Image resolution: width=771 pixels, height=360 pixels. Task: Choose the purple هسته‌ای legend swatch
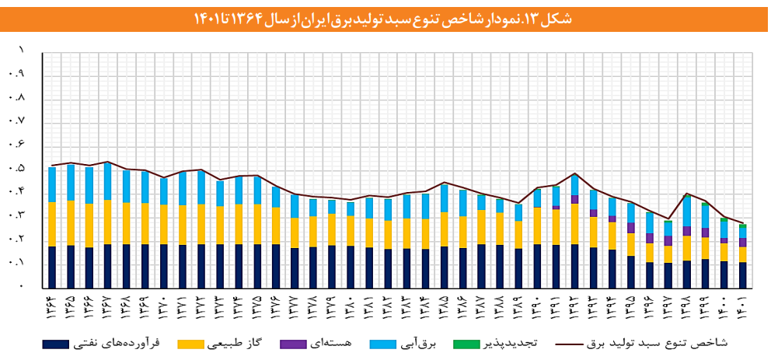pos(293,342)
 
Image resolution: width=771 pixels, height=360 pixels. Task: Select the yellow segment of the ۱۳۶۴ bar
pos(52,224)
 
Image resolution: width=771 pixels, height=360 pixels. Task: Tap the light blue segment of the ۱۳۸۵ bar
pos(445,197)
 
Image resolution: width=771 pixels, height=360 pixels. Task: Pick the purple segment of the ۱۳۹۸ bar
pos(687,231)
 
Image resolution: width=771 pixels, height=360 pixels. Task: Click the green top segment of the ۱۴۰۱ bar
pos(742,226)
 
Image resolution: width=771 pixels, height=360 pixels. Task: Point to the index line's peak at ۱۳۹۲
pos(574,173)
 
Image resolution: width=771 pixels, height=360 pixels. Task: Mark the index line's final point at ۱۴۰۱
pos(742,223)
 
